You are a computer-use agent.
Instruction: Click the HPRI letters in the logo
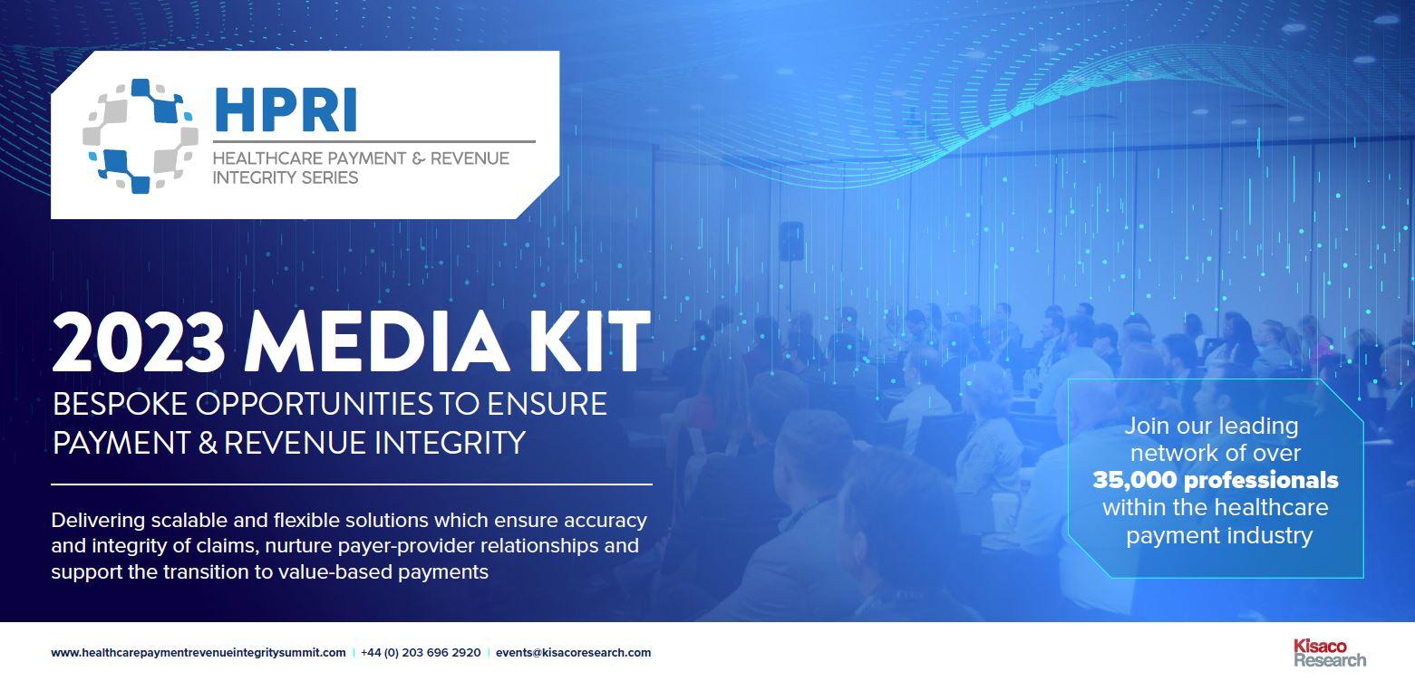(x=286, y=110)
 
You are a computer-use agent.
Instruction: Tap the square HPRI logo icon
(x=141, y=136)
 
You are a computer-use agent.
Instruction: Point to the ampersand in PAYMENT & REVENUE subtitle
(x=418, y=158)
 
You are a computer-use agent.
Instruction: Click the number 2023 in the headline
(x=139, y=342)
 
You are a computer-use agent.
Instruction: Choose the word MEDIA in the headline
(x=376, y=342)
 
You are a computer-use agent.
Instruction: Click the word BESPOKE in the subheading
(x=120, y=404)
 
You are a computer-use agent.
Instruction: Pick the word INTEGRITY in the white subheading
(x=450, y=443)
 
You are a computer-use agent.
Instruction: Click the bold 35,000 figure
(x=1135, y=481)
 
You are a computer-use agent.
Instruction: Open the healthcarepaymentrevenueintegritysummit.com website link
(x=199, y=653)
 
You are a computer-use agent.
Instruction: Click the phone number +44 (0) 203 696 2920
(x=421, y=653)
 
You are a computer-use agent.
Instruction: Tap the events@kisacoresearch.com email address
(x=573, y=653)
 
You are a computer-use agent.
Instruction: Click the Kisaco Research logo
(x=1329, y=653)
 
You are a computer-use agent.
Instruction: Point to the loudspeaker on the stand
(x=790, y=241)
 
